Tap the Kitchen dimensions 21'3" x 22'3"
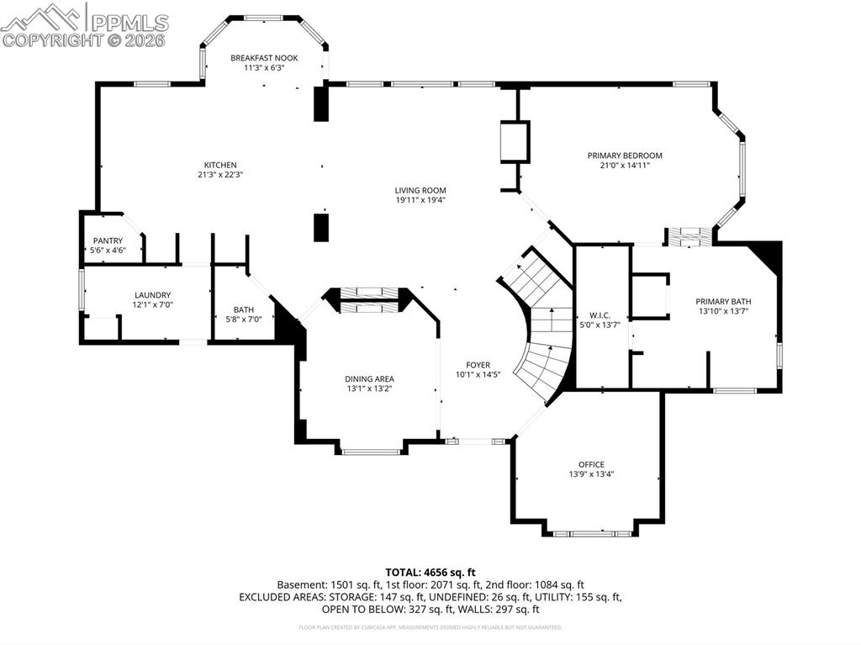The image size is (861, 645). (x=220, y=175)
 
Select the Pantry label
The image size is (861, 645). (x=108, y=241)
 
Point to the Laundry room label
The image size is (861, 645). (x=152, y=295)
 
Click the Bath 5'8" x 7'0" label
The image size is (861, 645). (x=243, y=314)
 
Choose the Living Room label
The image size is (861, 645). (x=420, y=191)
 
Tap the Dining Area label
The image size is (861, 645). (x=369, y=378)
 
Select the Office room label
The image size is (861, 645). (x=591, y=464)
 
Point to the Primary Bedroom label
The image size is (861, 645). (x=625, y=156)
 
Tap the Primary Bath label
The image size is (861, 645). (x=723, y=302)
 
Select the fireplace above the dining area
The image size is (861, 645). (x=370, y=299)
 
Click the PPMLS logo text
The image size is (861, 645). (x=129, y=22)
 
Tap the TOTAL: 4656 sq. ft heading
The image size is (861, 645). (x=430, y=572)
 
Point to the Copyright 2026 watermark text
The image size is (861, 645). (x=84, y=40)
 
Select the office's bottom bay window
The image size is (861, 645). (x=591, y=533)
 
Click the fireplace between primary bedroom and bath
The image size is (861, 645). (x=689, y=236)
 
